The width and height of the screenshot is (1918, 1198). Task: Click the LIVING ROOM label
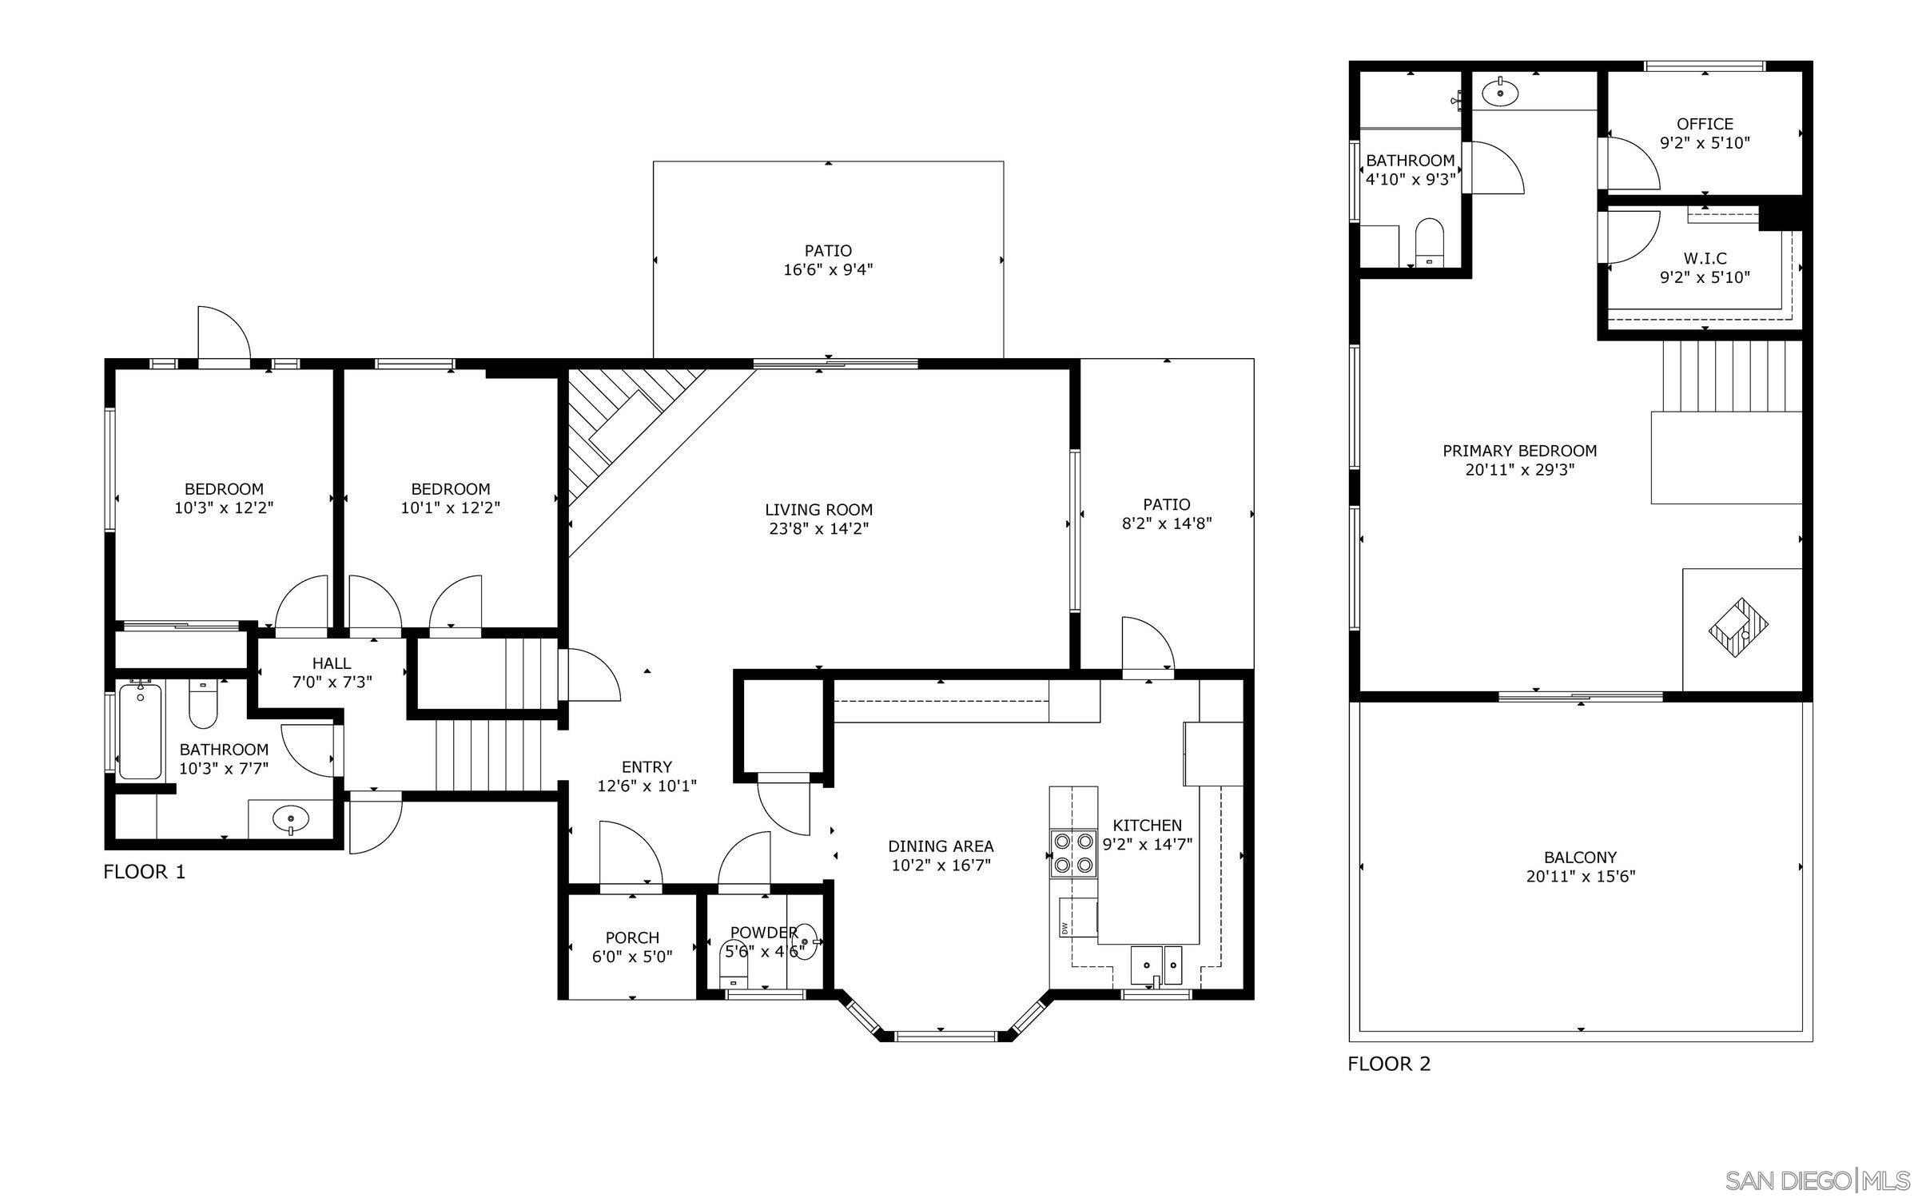pos(818,510)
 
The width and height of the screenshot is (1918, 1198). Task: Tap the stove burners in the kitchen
pos(1073,852)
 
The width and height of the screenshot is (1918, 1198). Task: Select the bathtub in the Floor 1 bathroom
pos(140,731)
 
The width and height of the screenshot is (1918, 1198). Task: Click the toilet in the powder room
pos(734,962)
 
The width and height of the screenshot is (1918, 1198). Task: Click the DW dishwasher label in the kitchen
pos(1065,928)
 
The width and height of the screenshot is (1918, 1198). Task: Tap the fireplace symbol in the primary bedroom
pos(1738,628)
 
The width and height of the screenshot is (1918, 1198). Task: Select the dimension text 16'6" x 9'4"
pos(827,270)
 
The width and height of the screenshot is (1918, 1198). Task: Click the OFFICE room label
pos(1705,124)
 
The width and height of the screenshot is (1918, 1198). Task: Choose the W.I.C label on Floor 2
pos(1705,259)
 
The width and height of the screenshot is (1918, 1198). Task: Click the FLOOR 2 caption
pos(1389,1064)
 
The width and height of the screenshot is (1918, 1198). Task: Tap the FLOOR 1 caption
pos(145,872)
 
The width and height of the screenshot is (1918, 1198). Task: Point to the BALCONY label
pos(1580,858)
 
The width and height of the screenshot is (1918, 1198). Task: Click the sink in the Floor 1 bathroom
pos(290,819)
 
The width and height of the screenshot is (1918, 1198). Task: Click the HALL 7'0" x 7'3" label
pos(331,672)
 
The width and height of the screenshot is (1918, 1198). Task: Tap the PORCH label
pos(632,937)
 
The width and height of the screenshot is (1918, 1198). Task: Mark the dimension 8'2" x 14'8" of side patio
pos(1166,523)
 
